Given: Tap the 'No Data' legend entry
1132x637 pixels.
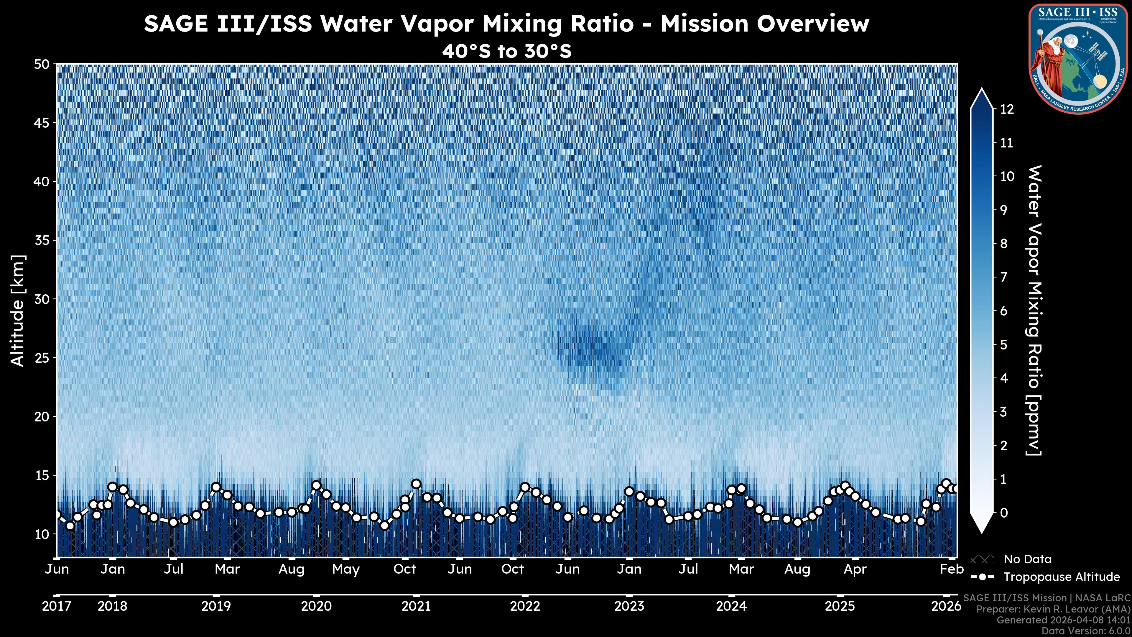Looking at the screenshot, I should point(1027,559).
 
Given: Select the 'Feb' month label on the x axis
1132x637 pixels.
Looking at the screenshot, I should point(951,569).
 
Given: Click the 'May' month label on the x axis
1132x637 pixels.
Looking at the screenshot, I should point(346,569).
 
